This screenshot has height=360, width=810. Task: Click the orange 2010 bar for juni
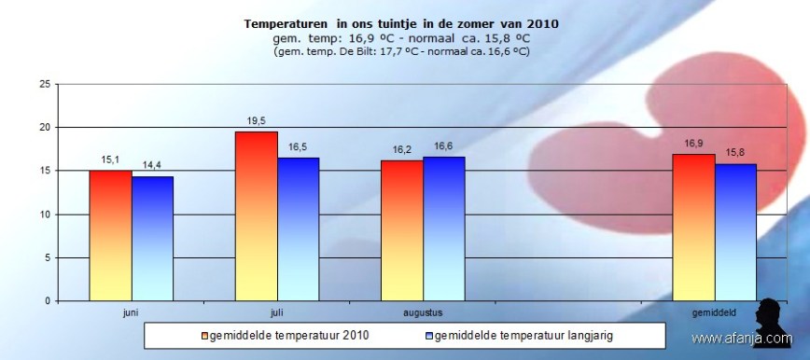coord(110,235)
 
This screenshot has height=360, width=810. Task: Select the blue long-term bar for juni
coord(152,239)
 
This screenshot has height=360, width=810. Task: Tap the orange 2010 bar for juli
coord(257,216)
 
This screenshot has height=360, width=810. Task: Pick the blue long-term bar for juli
coord(299,229)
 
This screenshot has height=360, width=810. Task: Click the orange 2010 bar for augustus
coord(402,230)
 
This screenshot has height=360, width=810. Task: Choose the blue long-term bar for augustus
coord(444,228)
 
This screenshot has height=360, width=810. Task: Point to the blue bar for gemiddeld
coord(736,232)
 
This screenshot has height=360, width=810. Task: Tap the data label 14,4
coord(152,165)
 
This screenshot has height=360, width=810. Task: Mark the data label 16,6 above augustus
coord(444,146)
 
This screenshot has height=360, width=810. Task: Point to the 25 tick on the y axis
coord(44,84)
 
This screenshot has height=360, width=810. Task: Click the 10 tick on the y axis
coord(44,215)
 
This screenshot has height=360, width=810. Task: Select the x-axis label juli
coord(277,312)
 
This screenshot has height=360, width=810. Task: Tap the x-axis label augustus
coord(423,312)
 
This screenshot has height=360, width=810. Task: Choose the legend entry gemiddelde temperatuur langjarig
coord(523,334)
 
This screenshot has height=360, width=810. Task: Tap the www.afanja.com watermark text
coord(741,339)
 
